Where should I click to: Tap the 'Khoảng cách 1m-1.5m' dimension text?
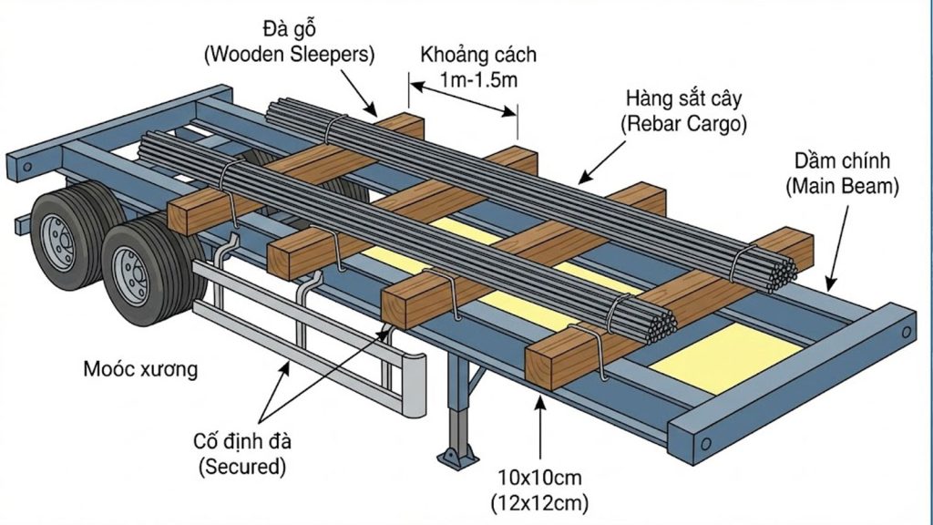(x=478, y=66)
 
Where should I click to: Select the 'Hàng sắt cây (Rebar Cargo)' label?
(x=685, y=111)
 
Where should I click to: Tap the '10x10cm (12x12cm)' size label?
(x=542, y=489)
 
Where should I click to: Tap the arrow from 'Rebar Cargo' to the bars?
(x=609, y=159)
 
